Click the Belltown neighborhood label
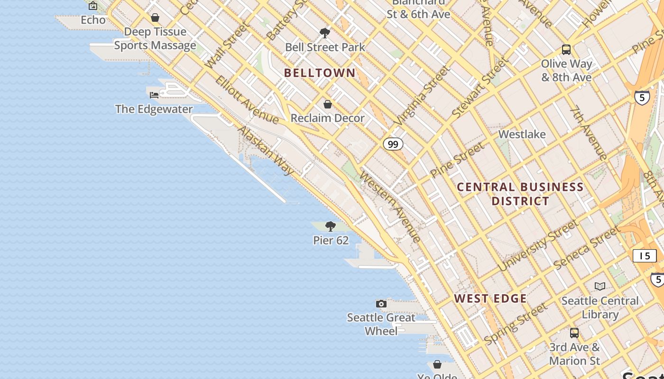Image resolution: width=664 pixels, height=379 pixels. click(x=320, y=73)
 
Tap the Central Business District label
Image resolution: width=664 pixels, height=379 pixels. click(x=520, y=194)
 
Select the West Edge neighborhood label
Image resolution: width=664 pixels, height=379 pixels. click(x=490, y=298)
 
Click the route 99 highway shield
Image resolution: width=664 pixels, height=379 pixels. click(x=393, y=144)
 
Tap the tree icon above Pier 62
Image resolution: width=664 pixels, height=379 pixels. click(x=331, y=226)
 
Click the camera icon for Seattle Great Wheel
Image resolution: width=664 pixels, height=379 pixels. click(x=381, y=304)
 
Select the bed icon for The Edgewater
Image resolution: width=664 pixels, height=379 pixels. click(x=154, y=95)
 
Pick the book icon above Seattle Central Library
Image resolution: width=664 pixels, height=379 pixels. click(x=600, y=286)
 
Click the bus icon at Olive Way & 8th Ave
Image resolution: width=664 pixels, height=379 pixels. click(x=566, y=50)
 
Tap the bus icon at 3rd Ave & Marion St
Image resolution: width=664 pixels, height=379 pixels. click(x=574, y=333)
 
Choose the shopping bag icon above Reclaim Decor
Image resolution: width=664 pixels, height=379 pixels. click(x=327, y=104)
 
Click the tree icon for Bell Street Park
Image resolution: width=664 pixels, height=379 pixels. click(x=325, y=33)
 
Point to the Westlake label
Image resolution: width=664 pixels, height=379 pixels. click(x=522, y=135)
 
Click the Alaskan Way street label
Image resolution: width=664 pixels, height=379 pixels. click(x=266, y=150)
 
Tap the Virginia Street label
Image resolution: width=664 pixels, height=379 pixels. click(x=421, y=96)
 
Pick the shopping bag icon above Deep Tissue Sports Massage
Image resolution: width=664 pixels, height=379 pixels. click(x=155, y=18)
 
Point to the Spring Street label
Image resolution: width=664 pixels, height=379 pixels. click(x=516, y=325)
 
